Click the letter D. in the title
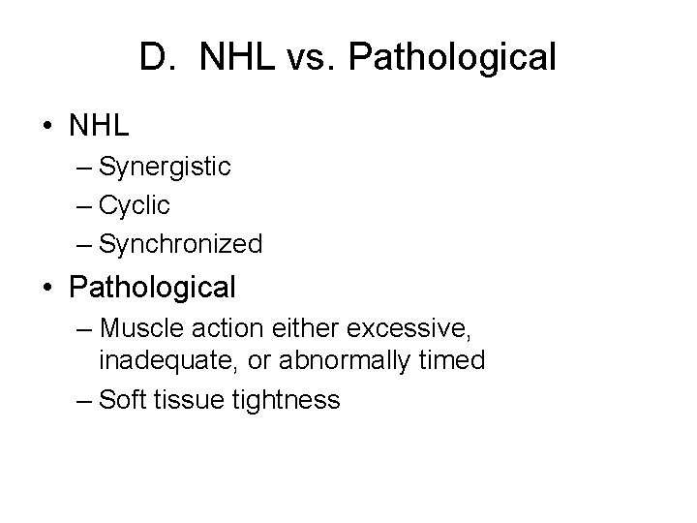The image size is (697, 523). (155, 58)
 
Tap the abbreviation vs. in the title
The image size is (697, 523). (305, 58)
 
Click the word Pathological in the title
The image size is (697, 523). (451, 58)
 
